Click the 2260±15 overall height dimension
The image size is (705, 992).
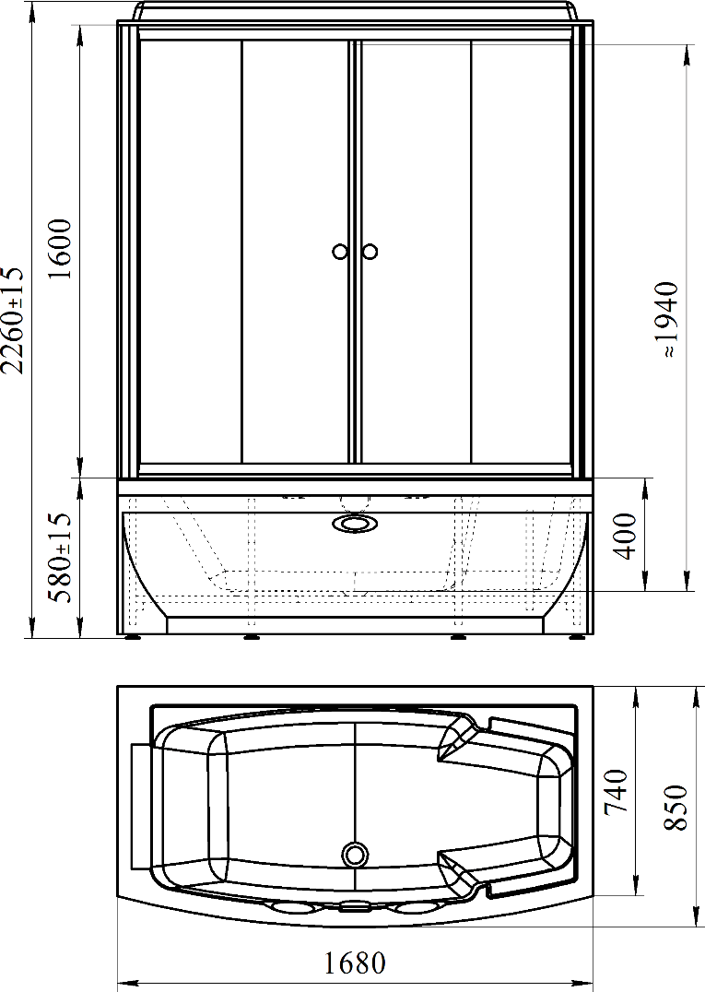(13, 320)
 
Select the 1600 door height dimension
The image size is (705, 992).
(61, 249)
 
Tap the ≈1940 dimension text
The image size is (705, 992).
(667, 320)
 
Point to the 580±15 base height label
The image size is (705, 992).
(61, 558)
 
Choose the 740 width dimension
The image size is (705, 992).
(617, 791)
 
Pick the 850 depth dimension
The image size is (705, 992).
(676, 808)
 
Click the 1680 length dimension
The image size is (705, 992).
(355, 963)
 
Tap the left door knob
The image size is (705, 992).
(340, 252)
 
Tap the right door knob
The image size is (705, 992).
(370, 252)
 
